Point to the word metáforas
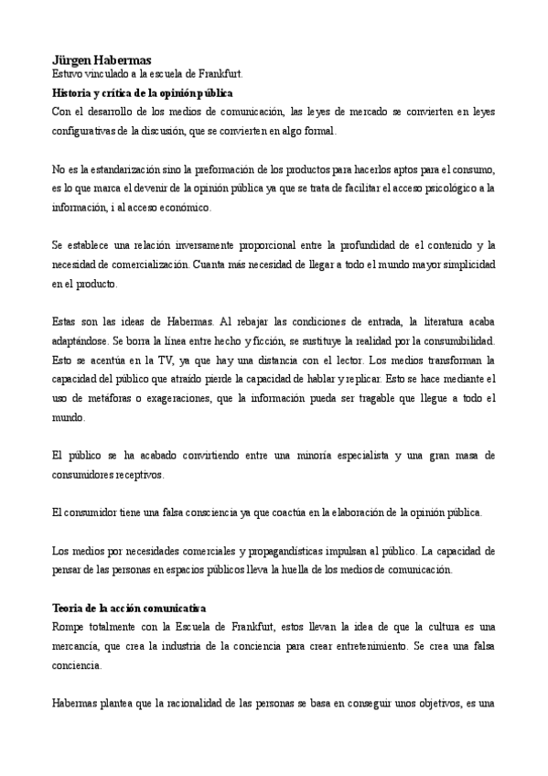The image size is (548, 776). tap(107, 398)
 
